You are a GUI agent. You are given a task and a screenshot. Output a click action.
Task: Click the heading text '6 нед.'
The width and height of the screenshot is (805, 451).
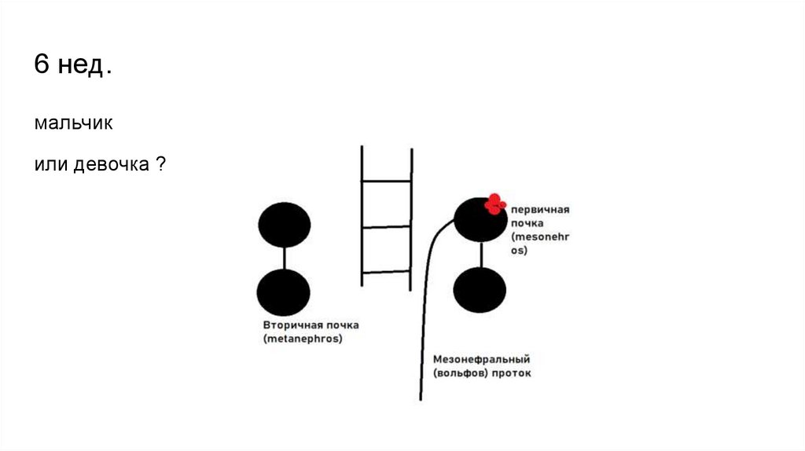click(72, 65)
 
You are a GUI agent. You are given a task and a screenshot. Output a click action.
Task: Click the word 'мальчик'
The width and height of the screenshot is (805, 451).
click(75, 124)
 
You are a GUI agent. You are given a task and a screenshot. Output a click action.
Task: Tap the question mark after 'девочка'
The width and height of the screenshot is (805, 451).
click(160, 165)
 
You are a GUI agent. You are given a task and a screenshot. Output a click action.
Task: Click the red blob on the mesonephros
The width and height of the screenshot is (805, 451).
click(494, 203)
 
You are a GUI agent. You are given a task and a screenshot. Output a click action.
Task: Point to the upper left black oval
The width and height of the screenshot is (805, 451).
click(284, 224)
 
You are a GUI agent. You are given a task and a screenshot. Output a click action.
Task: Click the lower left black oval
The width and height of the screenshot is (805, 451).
click(283, 291)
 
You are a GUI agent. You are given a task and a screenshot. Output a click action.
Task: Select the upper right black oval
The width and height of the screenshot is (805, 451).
click(480, 219)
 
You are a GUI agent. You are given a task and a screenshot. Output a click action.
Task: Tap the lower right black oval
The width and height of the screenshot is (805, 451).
click(480, 289)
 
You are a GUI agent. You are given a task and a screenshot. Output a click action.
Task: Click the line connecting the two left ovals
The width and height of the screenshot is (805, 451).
click(284, 257)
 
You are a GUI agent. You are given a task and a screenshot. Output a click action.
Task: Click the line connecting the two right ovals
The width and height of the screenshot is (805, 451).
click(480, 254)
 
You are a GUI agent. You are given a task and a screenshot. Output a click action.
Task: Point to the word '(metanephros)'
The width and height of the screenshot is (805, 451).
click(303, 339)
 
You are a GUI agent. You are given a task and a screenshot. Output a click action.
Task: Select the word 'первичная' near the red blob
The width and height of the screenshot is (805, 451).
click(540, 211)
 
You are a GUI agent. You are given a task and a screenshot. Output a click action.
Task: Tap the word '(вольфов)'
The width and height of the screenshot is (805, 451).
click(459, 373)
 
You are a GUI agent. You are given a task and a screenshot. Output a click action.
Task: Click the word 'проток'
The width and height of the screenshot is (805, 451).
click(511, 373)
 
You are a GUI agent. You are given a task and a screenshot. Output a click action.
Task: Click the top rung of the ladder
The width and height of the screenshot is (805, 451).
click(386, 181)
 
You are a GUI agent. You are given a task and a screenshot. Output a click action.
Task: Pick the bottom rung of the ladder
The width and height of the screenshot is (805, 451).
click(386, 272)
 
